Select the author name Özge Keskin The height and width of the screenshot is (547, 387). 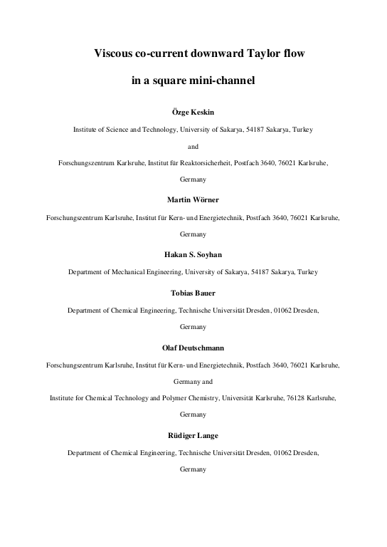tap(193, 113)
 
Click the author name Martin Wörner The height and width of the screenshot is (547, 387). tap(193, 199)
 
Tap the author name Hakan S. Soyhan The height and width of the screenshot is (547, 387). tap(193, 254)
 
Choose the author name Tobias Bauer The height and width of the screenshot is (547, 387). tap(193, 292)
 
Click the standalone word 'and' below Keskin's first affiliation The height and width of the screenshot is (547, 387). tap(193, 147)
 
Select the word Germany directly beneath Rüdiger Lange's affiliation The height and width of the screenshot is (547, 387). tap(193, 470)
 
